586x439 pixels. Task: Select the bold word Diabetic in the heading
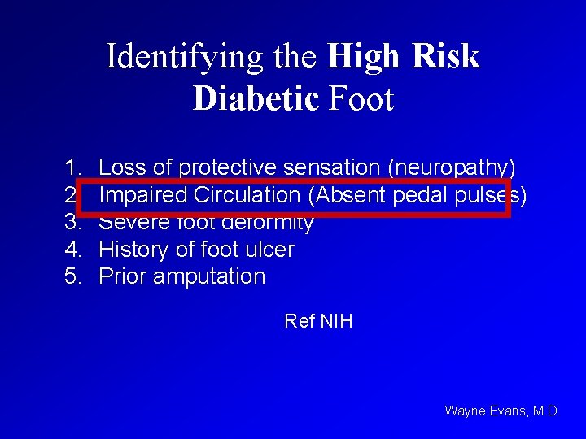coord(256,98)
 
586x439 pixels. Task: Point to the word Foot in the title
coord(361,98)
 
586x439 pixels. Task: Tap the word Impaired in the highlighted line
coord(142,195)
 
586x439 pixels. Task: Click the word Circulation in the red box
coord(247,195)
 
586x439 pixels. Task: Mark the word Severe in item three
coord(130,222)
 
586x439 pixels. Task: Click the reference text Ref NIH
coord(318,321)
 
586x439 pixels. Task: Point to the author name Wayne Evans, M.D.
coord(502,411)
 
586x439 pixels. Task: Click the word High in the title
coord(361,57)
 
